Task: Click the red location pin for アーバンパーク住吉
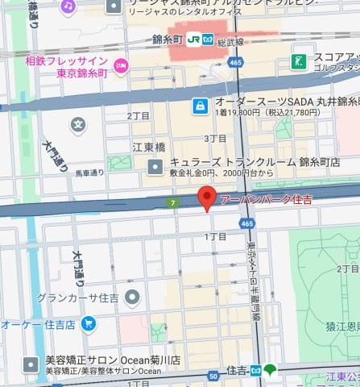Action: click(208, 198)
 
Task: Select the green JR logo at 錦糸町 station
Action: click(194, 38)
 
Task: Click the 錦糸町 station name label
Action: click(168, 38)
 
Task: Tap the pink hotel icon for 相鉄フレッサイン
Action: click(121, 66)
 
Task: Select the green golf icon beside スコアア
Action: click(299, 61)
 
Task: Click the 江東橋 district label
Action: click(148, 148)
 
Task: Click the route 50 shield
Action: click(213, 376)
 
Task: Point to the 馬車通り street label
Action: click(90, 173)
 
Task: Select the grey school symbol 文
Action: click(77, 124)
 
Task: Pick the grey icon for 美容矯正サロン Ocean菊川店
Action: click(31, 363)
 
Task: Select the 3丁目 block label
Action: click(215, 139)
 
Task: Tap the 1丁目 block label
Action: click(215, 236)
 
